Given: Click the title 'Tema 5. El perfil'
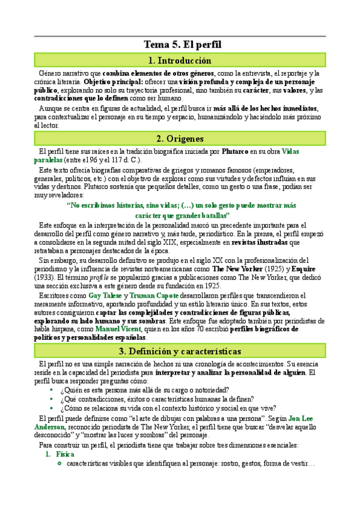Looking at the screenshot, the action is [x=180, y=45].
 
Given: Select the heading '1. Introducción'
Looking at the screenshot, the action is [x=180, y=60].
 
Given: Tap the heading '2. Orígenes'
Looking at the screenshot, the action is [x=180, y=138].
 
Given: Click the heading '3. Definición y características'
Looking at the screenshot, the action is [x=180, y=351].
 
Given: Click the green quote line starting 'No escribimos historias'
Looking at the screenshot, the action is [x=180, y=205].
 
